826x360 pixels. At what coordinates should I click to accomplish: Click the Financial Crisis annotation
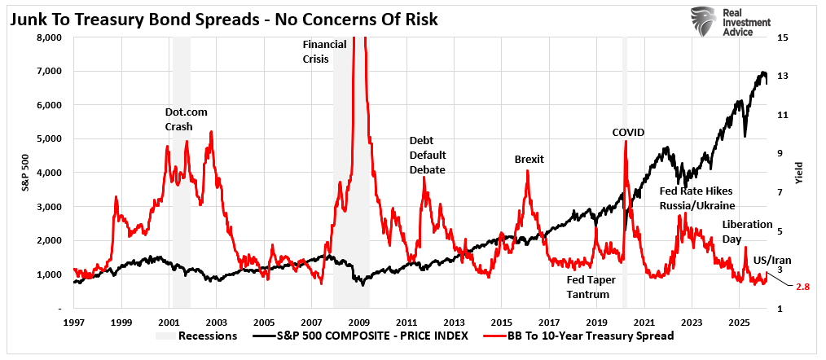[x=324, y=51]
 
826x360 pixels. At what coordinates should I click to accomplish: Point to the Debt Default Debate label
[x=427, y=155]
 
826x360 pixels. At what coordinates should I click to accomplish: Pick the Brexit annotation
[x=529, y=159]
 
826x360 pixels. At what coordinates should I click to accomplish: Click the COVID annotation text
[x=628, y=132]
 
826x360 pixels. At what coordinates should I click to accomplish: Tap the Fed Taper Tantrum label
[x=591, y=287]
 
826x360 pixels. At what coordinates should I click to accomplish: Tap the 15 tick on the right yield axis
[x=782, y=37]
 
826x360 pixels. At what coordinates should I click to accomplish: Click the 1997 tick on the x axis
[x=73, y=323]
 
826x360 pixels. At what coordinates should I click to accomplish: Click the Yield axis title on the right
[x=799, y=173]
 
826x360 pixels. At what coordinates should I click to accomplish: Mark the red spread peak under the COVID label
[x=626, y=142]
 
